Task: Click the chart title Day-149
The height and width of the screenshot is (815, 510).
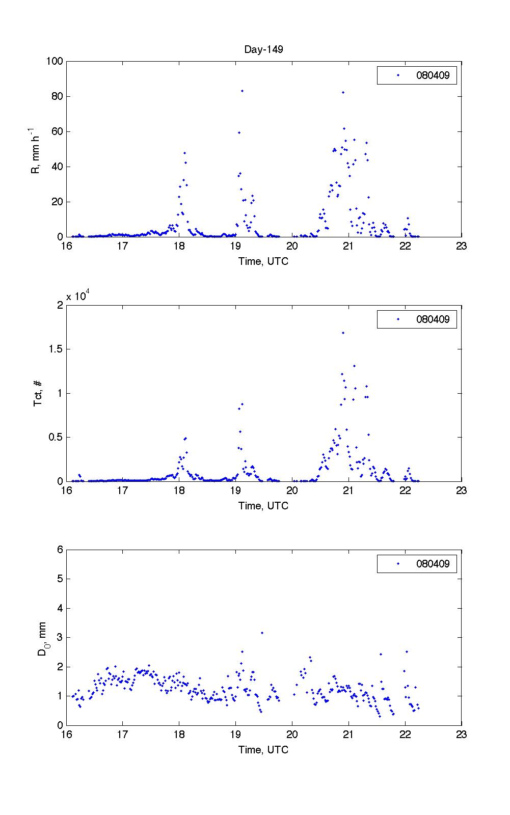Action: [263, 49]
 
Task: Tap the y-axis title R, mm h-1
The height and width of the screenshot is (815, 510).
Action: [36, 151]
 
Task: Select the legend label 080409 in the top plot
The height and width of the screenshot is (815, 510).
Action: [433, 76]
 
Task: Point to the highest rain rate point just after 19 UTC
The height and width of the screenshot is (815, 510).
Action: [242, 91]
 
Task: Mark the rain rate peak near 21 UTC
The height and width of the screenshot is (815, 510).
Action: [343, 93]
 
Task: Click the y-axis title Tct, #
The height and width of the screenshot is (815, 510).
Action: [38, 393]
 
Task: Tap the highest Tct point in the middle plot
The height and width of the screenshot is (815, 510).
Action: [343, 333]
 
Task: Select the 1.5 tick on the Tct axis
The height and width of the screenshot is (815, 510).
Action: [57, 349]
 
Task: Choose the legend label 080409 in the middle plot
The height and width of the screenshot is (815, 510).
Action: [433, 320]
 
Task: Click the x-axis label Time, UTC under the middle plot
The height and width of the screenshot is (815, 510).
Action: [263, 506]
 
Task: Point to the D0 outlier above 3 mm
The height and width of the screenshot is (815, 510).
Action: [262, 633]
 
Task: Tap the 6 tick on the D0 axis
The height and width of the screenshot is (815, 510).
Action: [60, 550]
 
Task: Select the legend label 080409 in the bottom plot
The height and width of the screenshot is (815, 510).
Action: [433, 564]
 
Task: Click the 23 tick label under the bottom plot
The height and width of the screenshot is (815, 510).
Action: [461, 735]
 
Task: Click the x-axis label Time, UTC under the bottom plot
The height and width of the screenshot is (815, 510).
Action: [263, 750]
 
